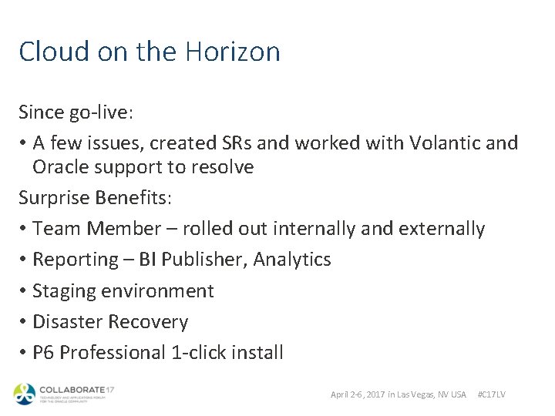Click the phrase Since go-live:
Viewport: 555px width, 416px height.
tap(76, 112)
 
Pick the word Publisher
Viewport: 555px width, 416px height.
tap(207, 260)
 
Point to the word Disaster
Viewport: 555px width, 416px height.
tap(69, 322)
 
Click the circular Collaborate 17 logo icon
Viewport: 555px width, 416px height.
tap(24, 394)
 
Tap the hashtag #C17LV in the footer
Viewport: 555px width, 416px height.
tap(492, 394)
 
